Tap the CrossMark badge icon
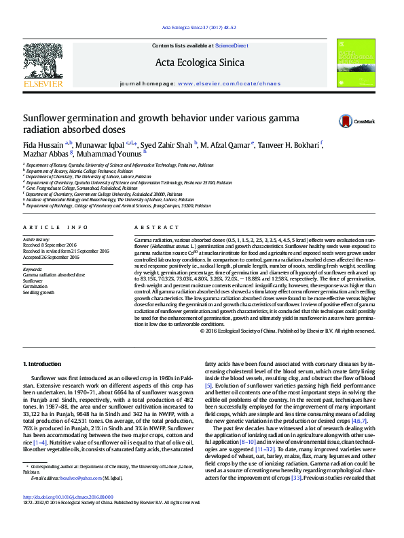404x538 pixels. (x=346, y=121)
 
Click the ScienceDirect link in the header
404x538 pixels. (x=232, y=45)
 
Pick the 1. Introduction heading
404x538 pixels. (x=41, y=365)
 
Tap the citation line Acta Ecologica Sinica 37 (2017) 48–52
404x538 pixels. (x=199, y=27)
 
